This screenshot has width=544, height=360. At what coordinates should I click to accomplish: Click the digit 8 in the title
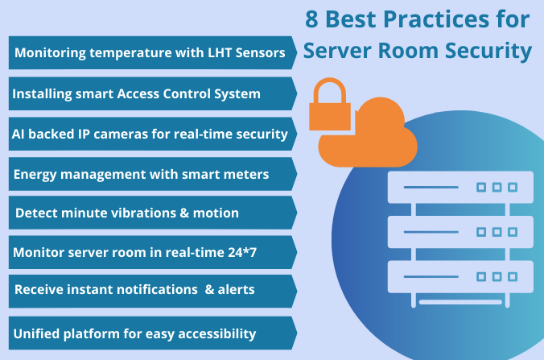pyautogui.click(x=311, y=19)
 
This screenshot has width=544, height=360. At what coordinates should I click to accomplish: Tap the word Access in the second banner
pyautogui.click(x=138, y=93)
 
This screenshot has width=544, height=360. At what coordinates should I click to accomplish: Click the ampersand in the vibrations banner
pyautogui.click(x=184, y=213)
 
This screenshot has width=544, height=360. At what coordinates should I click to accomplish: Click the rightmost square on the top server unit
pyautogui.click(x=513, y=188)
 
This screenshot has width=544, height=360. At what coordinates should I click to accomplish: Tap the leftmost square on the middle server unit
pyautogui.click(x=481, y=232)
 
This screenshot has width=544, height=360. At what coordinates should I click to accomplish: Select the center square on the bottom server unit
pyautogui.click(x=497, y=277)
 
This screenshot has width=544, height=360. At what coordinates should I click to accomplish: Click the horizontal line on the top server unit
pyautogui.click(x=431, y=188)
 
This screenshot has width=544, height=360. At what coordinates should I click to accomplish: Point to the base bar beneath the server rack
pyautogui.click(x=460, y=302)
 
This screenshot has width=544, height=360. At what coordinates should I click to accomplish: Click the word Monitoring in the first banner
pyautogui.click(x=51, y=53)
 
